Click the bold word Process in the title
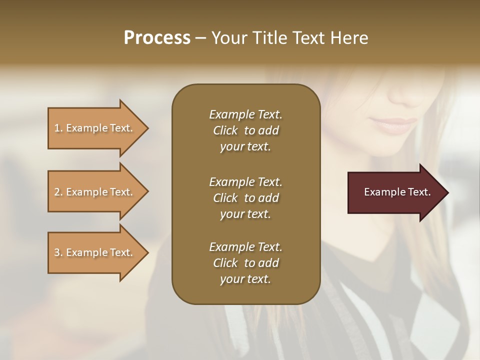(x=157, y=37)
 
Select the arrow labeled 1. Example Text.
(x=95, y=128)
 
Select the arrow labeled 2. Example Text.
(x=95, y=192)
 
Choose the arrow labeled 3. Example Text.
(x=95, y=252)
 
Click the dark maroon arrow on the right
(x=395, y=192)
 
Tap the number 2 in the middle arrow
(x=57, y=192)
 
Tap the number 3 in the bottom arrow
(x=57, y=252)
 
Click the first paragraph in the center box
(x=245, y=130)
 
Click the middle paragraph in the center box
(x=245, y=198)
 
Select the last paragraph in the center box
(x=245, y=263)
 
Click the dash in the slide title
(x=201, y=38)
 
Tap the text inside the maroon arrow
(x=397, y=192)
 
